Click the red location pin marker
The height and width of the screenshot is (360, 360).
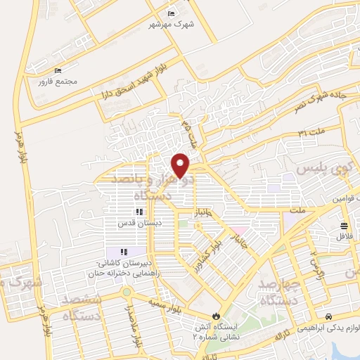pyautogui.click(x=181, y=165)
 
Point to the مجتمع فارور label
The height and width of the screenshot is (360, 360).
pyautogui.click(x=58, y=82)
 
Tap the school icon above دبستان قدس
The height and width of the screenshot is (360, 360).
pyautogui.click(x=139, y=211)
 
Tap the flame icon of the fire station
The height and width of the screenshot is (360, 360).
pyautogui.click(x=216, y=316)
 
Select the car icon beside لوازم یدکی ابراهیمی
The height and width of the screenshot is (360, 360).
pyautogui.click(x=330, y=316)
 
